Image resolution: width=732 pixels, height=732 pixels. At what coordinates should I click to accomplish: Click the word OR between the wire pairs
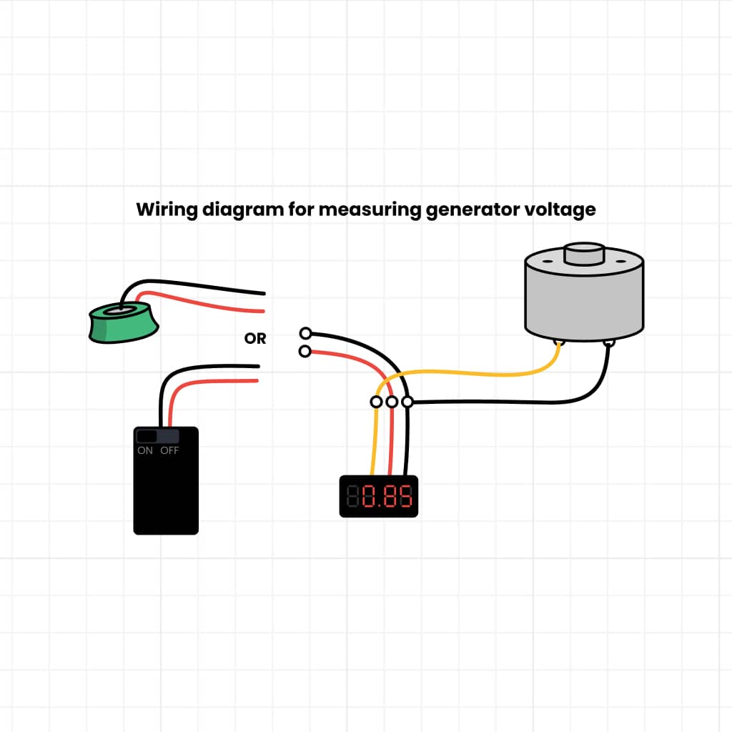point(255,339)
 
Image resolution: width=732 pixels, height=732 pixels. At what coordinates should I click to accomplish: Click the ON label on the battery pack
point(145,451)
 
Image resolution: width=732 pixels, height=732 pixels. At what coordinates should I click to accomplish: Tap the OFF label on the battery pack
point(169,451)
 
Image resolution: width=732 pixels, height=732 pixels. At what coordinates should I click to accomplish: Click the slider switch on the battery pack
point(147,436)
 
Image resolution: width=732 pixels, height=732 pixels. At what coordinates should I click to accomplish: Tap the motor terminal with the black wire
point(609,344)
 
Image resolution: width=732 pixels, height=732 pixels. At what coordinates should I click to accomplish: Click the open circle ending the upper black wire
point(306,333)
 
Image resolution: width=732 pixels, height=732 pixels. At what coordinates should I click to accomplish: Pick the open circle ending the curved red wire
point(306,351)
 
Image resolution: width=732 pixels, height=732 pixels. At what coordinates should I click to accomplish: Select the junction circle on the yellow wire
point(376,402)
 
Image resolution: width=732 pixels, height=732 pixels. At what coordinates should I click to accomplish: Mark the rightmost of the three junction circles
point(407,402)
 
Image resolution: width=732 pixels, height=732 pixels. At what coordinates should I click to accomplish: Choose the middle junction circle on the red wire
point(392,402)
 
